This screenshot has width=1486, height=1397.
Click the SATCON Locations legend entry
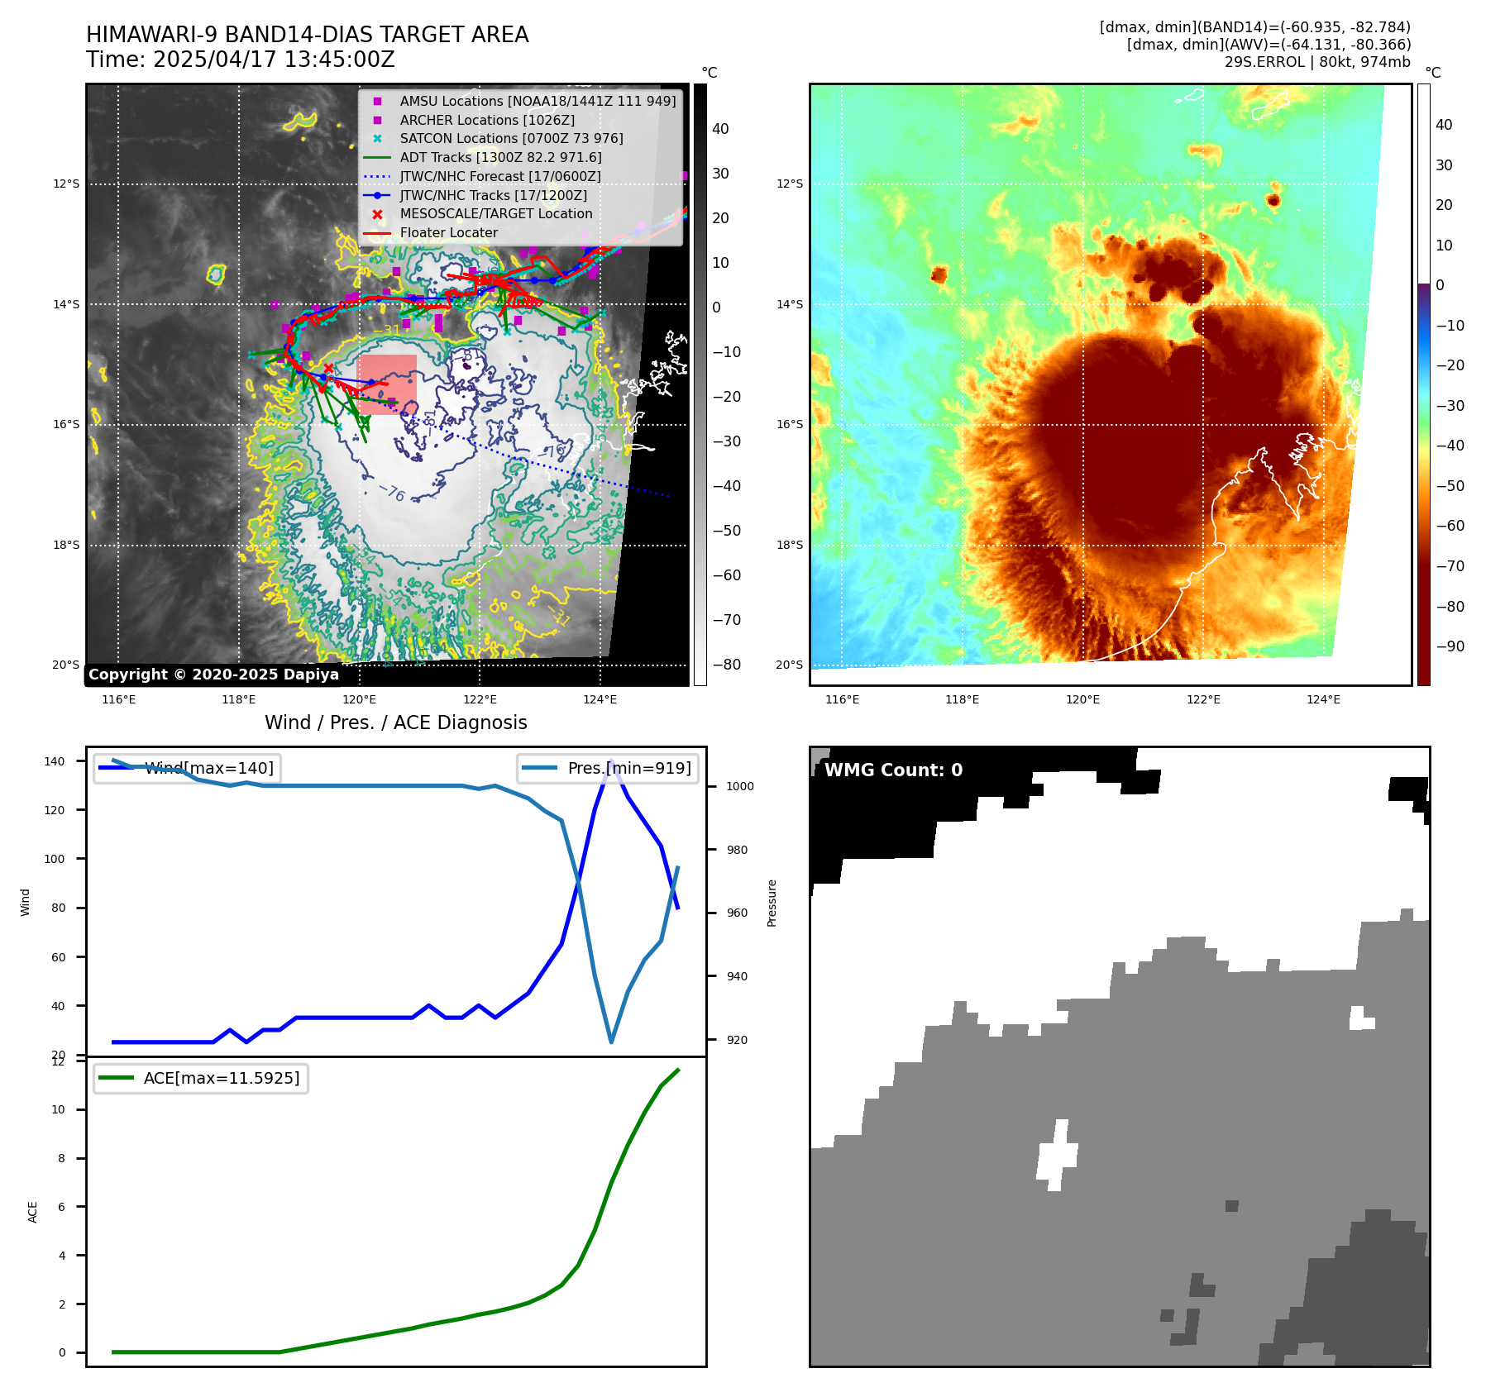click(511, 139)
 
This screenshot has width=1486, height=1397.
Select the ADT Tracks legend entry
click(500, 158)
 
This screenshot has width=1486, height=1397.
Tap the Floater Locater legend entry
click(448, 233)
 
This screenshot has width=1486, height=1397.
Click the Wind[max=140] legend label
click(208, 768)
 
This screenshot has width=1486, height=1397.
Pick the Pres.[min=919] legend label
click(628, 768)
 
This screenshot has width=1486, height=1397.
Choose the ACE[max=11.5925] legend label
click(221, 1078)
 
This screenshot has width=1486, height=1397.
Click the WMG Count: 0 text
click(893, 770)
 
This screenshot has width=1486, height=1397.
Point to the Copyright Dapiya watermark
click(213, 675)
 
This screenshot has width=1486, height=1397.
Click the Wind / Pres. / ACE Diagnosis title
click(395, 722)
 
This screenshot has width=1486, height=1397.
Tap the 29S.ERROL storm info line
click(1317, 62)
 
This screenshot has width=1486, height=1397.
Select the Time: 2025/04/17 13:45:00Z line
click(241, 60)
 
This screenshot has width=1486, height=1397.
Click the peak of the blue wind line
click(611, 761)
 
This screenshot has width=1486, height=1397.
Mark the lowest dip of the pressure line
click(611, 1042)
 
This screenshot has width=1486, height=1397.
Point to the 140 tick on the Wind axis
click(54, 761)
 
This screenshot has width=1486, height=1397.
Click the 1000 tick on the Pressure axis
click(740, 786)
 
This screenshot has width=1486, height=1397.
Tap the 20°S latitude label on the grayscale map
click(66, 665)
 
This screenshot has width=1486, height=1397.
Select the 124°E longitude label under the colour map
click(1323, 700)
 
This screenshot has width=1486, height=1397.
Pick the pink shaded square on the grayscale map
click(387, 384)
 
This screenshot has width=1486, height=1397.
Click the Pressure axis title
click(772, 903)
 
